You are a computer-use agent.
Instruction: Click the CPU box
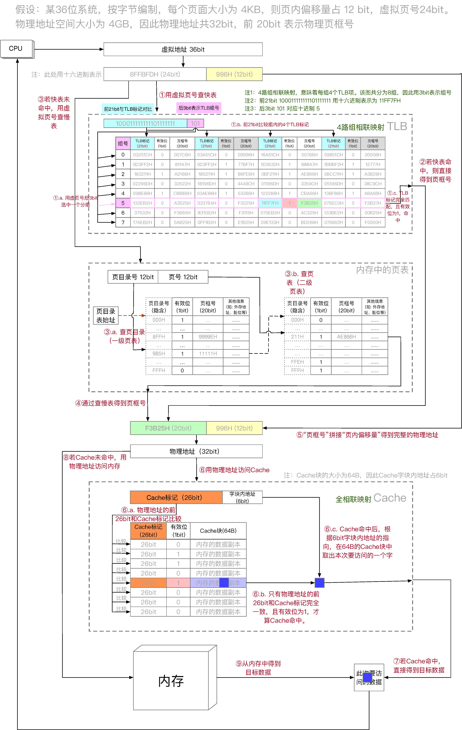(x=16, y=48)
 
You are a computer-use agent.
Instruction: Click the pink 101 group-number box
(x=195, y=123)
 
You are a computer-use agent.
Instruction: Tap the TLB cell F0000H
(x=373, y=222)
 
